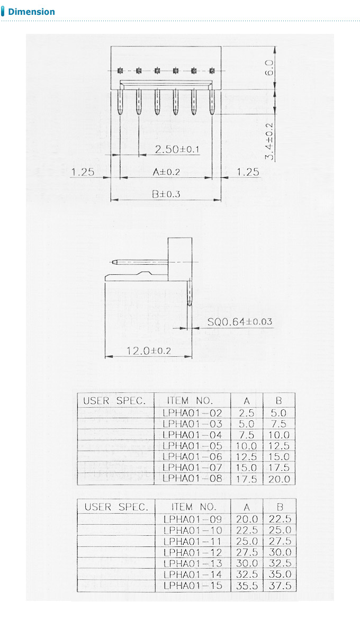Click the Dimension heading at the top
click(x=31, y=12)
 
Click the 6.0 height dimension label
click(x=269, y=68)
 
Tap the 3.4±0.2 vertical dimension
click(x=269, y=141)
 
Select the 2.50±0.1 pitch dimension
click(x=177, y=150)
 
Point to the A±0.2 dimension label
click(x=166, y=172)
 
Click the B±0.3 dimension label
click(x=166, y=194)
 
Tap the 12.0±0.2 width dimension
click(x=148, y=351)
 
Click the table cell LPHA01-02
click(x=193, y=412)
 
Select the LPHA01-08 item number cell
click(x=193, y=479)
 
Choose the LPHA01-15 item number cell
click(x=193, y=586)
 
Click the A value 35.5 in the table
click(x=247, y=586)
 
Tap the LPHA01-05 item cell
click(x=193, y=446)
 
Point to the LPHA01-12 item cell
click(x=193, y=552)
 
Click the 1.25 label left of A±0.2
click(x=83, y=172)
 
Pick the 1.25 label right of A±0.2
click(x=248, y=172)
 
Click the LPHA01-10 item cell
click(x=193, y=530)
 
